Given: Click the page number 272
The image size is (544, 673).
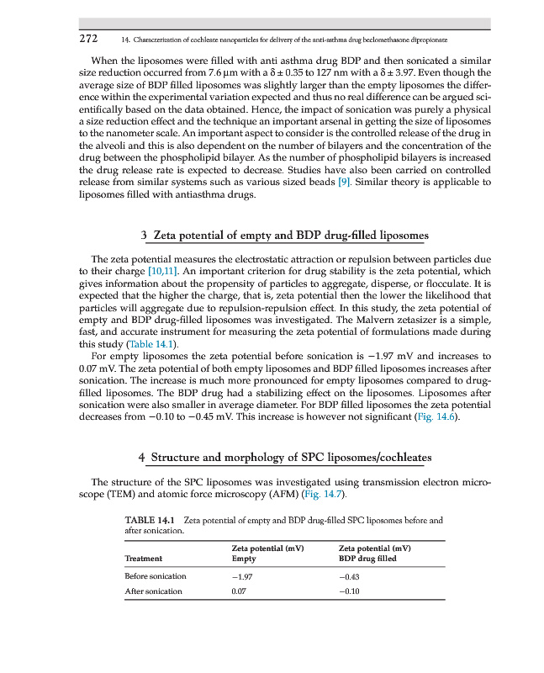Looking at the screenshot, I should (x=89, y=39).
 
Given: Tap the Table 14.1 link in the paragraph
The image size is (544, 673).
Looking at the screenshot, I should (x=152, y=344).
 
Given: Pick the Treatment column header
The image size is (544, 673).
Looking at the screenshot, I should (x=143, y=558).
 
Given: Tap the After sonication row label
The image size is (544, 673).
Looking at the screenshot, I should (x=153, y=591).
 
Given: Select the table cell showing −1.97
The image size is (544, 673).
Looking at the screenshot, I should (x=242, y=576).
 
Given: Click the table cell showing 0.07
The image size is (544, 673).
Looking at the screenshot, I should (x=240, y=591).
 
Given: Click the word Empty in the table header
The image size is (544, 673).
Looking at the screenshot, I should (x=244, y=558).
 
